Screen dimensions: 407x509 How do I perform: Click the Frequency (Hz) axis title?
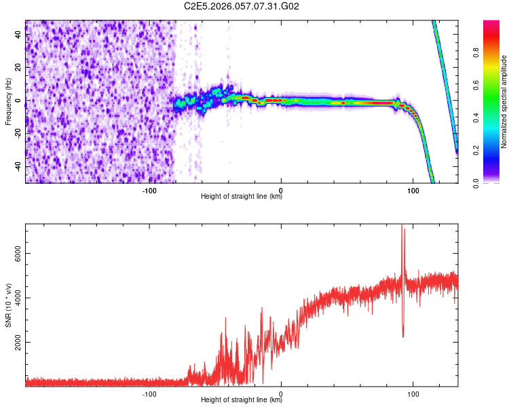pos(8,101)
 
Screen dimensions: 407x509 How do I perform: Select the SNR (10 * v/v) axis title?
pos(8,305)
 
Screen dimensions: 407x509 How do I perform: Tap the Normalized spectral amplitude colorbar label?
pos(504,102)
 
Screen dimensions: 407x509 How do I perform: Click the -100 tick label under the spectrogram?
pos(149,191)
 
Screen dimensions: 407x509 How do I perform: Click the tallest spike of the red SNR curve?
pos(402,226)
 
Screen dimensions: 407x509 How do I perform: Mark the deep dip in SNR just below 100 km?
pos(403,336)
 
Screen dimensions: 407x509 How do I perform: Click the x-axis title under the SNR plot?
pos(242,400)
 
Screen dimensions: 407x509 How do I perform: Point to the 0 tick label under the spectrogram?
pos(281,191)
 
